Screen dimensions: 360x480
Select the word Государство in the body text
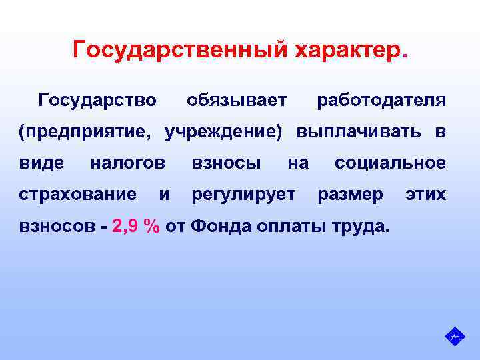tap(98, 101)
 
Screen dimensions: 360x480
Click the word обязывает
tap(237, 101)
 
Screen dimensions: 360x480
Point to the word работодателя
tap(381, 101)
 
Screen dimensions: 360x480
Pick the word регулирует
tap(243, 195)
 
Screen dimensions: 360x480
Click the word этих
tap(425, 195)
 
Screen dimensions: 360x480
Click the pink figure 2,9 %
tap(136, 226)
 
